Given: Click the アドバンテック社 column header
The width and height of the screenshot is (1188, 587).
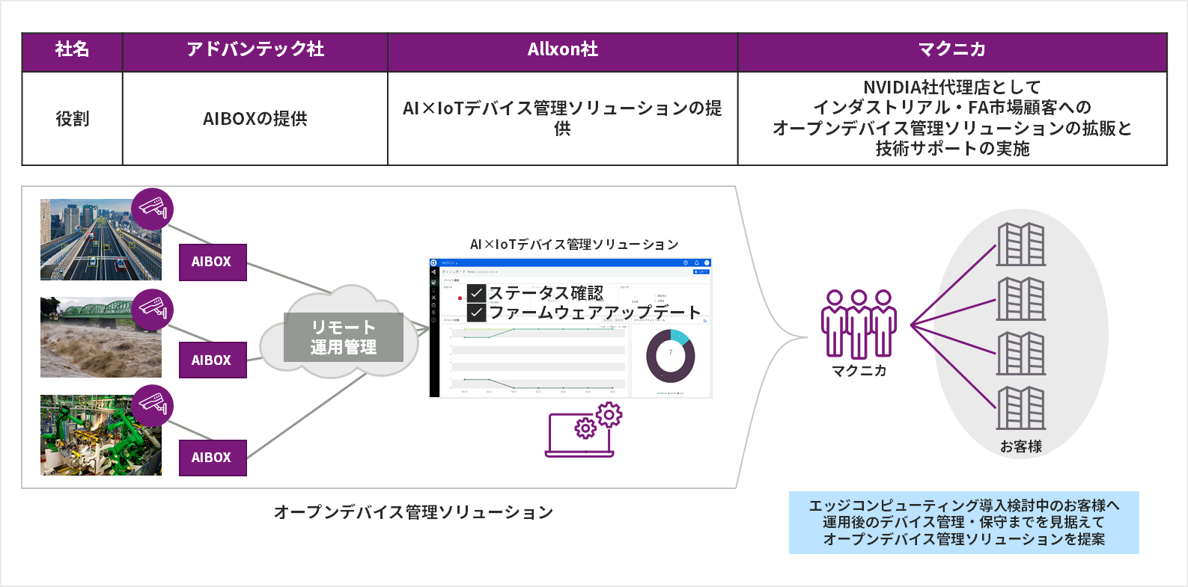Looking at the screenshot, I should pyautogui.click(x=255, y=50).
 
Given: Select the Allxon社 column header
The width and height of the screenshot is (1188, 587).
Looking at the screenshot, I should pyautogui.click(x=562, y=50).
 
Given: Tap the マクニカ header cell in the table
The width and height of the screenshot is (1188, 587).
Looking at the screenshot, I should pyautogui.click(x=951, y=50).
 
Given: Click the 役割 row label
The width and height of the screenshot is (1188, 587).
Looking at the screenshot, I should pyautogui.click(x=72, y=119).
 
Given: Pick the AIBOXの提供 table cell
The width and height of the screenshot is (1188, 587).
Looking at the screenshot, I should pyautogui.click(x=255, y=119).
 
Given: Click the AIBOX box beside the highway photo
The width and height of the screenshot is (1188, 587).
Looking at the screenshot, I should pyautogui.click(x=213, y=262).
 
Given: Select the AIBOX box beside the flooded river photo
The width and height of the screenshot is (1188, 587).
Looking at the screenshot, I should pyautogui.click(x=213, y=360).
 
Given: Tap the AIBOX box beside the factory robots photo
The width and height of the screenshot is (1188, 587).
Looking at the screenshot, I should pyautogui.click(x=213, y=457).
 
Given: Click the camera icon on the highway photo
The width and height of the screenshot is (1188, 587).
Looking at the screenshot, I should pyautogui.click(x=152, y=209).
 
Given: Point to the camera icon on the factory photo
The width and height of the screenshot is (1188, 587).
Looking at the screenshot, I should pyautogui.click(x=152, y=405).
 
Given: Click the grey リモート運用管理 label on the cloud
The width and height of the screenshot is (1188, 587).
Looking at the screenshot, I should pyautogui.click(x=344, y=337).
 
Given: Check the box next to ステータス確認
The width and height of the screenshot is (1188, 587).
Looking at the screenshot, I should pyautogui.click(x=477, y=293).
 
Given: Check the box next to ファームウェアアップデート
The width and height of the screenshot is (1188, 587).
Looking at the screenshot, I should pyautogui.click(x=477, y=313).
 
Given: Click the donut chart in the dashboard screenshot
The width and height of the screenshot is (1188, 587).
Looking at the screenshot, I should pyautogui.click(x=670, y=356).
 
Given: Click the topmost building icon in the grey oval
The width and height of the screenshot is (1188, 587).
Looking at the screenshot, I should pyautogui.click(x=1020, y=245).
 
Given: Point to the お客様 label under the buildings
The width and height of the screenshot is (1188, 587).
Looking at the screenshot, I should pyautogui.click(x=1020, y=446).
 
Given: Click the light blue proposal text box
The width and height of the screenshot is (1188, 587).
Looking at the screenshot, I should pyautogui.click(x=963, y=523).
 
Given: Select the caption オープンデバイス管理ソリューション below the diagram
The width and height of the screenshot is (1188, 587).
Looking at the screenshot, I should pyautogui.click(x=413, y=512).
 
